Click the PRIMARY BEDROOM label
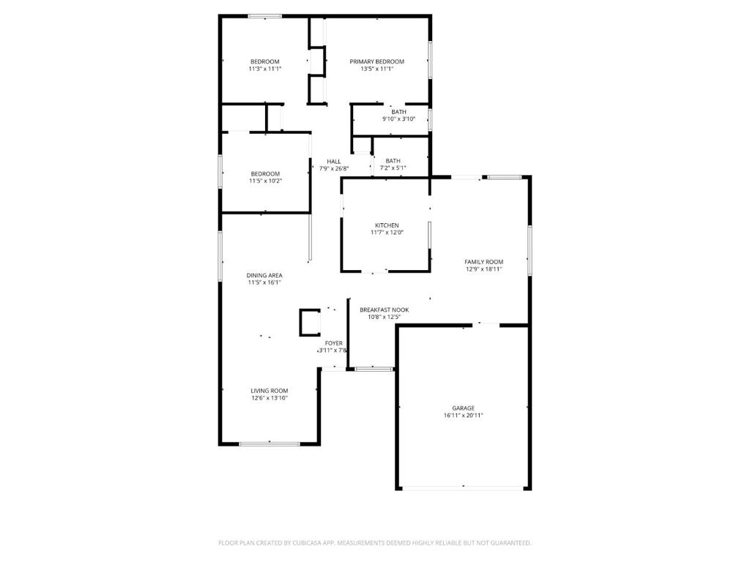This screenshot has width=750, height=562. pos(377,61)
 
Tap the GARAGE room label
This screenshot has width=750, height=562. pos(464,408)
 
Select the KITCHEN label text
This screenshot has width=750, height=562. pos(387,225)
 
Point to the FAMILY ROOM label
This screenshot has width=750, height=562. pos(484,262)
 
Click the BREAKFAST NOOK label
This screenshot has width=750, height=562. pos(385,310)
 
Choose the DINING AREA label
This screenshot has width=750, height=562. pos(264,275)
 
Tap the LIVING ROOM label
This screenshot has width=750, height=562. pos(270,391)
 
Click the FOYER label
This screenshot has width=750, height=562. pos(334,343)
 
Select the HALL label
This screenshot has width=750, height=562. pos(334,162)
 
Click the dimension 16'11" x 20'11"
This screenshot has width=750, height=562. pos(464,416)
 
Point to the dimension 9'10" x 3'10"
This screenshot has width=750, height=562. pos(399,119)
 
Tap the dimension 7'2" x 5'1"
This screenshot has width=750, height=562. pos(393,168)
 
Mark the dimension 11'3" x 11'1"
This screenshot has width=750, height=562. pos(265,69)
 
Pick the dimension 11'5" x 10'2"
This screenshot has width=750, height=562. pos(265,181)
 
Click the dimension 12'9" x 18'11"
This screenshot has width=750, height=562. pos(484,269)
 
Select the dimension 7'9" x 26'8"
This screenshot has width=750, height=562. pos(334,168)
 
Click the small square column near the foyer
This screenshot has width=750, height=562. pos(310,323)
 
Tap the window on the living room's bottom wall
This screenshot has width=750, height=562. pos(270,444)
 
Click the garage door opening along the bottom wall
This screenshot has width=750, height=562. pos(463,488)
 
